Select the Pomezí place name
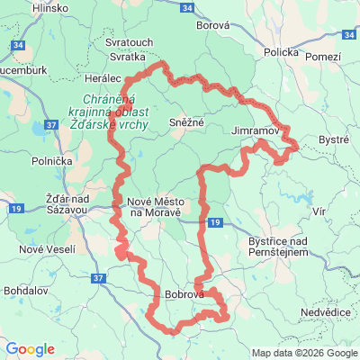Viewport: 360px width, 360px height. click(323, 57)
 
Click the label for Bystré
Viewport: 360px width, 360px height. click(335, 141)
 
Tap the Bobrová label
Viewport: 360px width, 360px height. click(185, 294)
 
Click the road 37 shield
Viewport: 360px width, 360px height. click(97, 279)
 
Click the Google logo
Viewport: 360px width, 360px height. click(31, 349)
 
